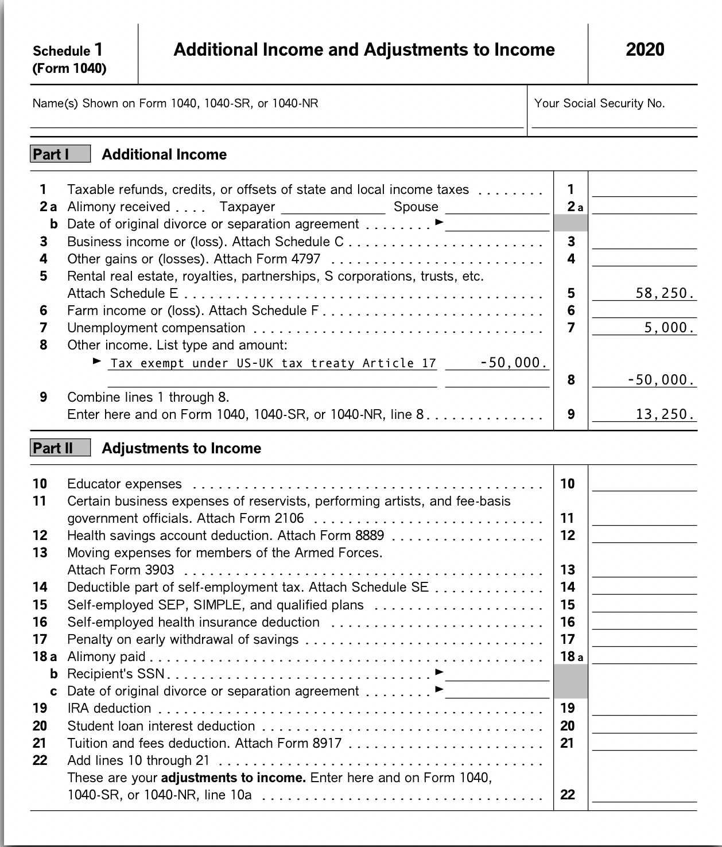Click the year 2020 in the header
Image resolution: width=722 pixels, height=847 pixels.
pos(645,50)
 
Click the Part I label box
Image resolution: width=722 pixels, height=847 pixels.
pos(60,154)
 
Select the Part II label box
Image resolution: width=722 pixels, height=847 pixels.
pos(60,448)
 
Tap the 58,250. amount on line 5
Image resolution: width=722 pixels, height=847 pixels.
pos(665,293)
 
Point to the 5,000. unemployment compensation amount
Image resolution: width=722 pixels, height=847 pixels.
pos(669,328)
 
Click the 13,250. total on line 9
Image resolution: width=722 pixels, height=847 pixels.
pos(665,414)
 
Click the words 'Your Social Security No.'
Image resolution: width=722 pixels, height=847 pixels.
pos(599,103)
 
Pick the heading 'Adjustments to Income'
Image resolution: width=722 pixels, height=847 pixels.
pos(181,448)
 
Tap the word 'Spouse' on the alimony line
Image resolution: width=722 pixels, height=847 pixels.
pos(416,207)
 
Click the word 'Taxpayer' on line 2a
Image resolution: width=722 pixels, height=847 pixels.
pos(247,207)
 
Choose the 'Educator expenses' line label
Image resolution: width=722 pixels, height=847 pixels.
pos(125,484)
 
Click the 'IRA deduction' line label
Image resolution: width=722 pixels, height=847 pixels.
pos(109,708)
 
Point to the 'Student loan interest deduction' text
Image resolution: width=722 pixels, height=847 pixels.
pos(161,726)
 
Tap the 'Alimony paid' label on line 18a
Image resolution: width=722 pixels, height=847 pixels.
pos(106,656)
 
